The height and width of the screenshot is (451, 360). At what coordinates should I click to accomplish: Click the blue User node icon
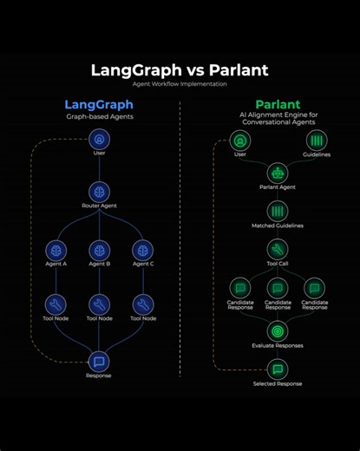(99, 138)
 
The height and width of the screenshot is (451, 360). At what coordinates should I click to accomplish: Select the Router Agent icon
(99, 192)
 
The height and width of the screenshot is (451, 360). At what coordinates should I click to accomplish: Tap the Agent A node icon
(56, 250)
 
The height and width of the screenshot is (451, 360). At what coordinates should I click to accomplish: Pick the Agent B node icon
(99, 250)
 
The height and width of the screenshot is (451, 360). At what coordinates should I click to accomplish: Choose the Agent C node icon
(142, 250)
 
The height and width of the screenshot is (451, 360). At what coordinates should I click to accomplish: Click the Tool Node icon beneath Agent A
(56, 304)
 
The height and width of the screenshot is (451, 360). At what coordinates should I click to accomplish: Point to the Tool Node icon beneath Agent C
(142, 304)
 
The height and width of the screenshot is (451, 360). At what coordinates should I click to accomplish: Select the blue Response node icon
(99, 361)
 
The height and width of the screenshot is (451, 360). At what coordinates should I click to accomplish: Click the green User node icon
(240, 140)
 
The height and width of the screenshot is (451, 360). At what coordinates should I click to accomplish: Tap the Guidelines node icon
(316, 140)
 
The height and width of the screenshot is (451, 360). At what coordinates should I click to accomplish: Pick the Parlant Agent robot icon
(278, 172)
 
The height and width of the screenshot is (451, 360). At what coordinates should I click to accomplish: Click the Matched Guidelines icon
(278, 211)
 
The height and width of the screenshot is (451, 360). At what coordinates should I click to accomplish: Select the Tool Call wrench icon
(278, 250)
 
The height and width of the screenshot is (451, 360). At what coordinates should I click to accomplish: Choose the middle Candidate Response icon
(278, 288)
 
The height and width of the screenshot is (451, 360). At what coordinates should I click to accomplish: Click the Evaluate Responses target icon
(278, 330)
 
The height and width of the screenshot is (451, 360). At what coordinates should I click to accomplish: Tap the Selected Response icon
(278, 369)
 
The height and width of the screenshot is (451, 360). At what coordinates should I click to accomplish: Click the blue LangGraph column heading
(99, 104)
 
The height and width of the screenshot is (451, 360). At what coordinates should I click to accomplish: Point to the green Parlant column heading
(278, 104)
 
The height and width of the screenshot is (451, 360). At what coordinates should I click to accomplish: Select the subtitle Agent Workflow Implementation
(180, 84)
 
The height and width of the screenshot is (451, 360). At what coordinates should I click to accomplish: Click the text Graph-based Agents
(99, 116)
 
